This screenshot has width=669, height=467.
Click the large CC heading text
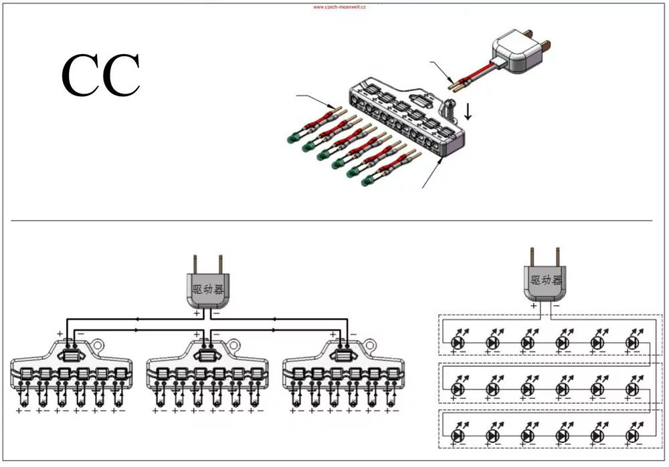click(x=101, y=75)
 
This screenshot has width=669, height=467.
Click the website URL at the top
click(x=339, y=7)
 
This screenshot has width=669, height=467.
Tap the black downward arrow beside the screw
click(x=468, y=112)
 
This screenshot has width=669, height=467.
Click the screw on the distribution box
click(x=448, y=109)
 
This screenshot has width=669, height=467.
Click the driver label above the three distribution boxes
click(x=208, y=290)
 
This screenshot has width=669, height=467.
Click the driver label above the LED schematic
click(x=546, y=280)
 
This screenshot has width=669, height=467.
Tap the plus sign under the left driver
click(x=196, y=313)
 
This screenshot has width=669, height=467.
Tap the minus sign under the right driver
click(x=557, y=305)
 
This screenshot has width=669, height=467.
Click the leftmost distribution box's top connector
click(x=72, y=354)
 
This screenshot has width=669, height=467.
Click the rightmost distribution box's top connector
click(x=343, y=354)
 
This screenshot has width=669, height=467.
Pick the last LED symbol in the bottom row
click(x=632, y=436)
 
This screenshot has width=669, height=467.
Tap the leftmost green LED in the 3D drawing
click(x=292, y=138)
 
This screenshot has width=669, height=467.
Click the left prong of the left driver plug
click(x=195, y=264)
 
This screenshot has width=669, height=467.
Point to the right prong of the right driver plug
click(x=557, y=257)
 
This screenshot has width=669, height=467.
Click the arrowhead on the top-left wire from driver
click(x=137, y=318)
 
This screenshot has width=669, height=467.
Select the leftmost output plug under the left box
click(x=23, y=401)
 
